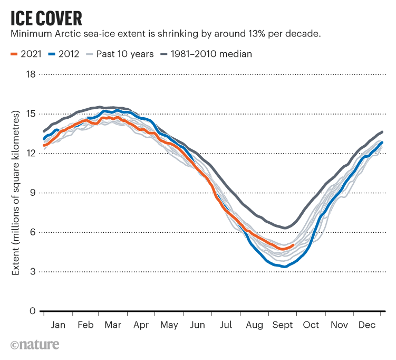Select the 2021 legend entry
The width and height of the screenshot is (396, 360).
pyautogui.click(x=24, y=54)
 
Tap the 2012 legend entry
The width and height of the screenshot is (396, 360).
pyautogui.click(x=63, y=54)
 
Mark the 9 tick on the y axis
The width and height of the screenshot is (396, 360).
pyautogui.click(x=32, y=193)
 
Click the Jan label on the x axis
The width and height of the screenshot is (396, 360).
pyautogui.click(x=58, y=325)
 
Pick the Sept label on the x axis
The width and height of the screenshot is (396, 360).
pyautogui.click(x=283, y=325)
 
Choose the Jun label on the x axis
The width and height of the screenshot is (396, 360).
pyautogui.click(x=197, y=325)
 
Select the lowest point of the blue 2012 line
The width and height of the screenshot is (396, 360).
pyautogui.click(x=285, y=267)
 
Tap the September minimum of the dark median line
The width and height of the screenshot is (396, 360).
pyautogui.click(x=285, y=228)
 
